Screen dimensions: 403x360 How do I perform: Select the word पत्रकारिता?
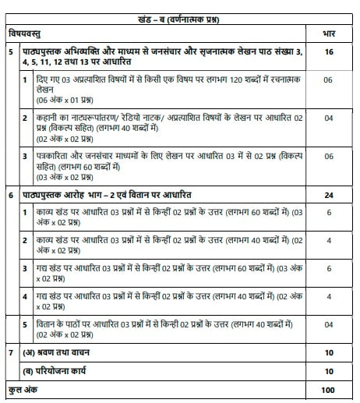click(x=52, y=155)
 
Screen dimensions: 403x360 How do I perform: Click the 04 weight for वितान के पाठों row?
click(x=327, y=324)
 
